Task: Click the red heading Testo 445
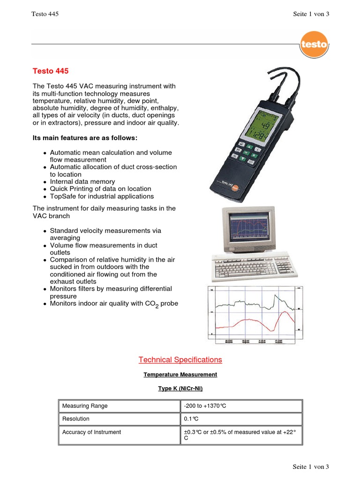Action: click(51, 71)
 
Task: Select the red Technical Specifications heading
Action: click(180, 360)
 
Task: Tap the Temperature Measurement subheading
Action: click(180, 375)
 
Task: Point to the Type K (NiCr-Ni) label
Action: click(180, 389)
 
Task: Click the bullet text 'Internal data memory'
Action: click(82, 181)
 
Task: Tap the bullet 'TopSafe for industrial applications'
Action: click(102, 196)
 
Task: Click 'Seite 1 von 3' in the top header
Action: click(311, 14)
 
